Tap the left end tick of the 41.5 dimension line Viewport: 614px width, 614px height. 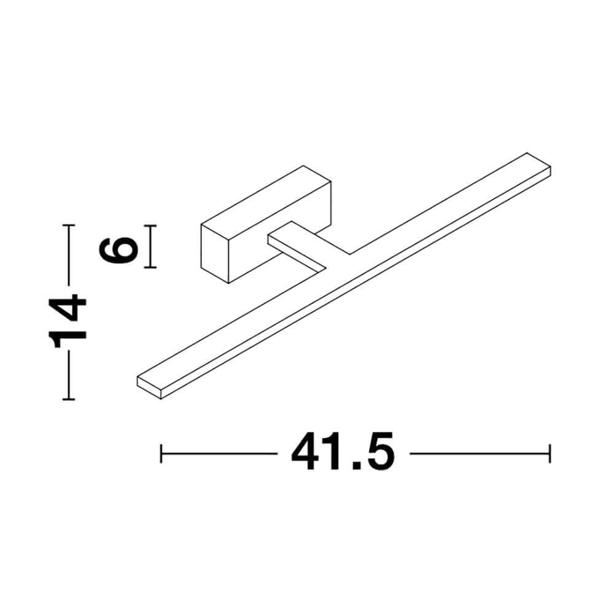161,454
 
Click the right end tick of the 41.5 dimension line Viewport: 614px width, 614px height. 550,454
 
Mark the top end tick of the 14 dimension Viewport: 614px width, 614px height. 69,225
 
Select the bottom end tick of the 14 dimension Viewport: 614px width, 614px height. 69,399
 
